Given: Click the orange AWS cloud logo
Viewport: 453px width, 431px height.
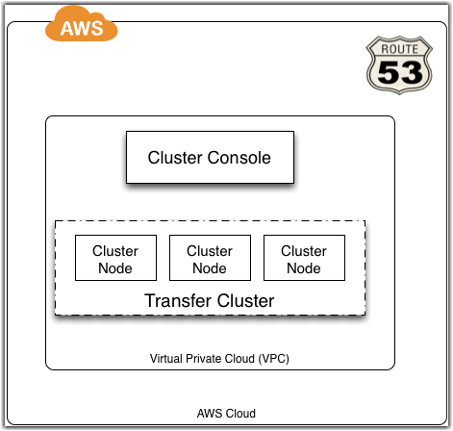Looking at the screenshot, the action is tap(82, 24).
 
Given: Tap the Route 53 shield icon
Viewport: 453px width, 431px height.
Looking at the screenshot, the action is tap(399, 65).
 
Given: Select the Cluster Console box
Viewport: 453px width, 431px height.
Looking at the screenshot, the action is tap(210, 157).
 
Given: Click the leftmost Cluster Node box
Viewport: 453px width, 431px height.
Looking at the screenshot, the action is tap(115, 258).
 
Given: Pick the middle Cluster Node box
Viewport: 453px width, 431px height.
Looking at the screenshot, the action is tap(210, 258).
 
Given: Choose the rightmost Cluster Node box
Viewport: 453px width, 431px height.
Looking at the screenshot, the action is tap(304, 258).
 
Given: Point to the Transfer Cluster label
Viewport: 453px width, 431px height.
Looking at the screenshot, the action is tap(210, 301).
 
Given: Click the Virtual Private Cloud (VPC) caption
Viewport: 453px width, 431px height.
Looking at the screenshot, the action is tap(219, 359).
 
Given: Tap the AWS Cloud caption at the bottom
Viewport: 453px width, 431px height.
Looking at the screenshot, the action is tap(226, 414).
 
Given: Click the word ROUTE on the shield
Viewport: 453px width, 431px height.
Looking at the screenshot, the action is tap(399, 49).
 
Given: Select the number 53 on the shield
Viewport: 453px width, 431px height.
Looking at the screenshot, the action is tap(400, 72).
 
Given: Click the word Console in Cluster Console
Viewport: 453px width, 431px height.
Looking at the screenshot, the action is tap(239, 158).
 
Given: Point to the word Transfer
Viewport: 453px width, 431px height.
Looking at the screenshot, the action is tap(178, 301).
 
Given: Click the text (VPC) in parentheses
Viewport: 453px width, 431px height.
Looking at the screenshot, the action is tap(274, 359).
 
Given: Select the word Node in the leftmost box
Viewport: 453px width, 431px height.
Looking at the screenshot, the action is tap(115, 268).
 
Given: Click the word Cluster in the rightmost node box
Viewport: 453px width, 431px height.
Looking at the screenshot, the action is tap(304, 251).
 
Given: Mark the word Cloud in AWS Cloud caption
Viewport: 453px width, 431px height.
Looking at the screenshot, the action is tap(241, 414).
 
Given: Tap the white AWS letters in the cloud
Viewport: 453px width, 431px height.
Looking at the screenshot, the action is tap(82, 28).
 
